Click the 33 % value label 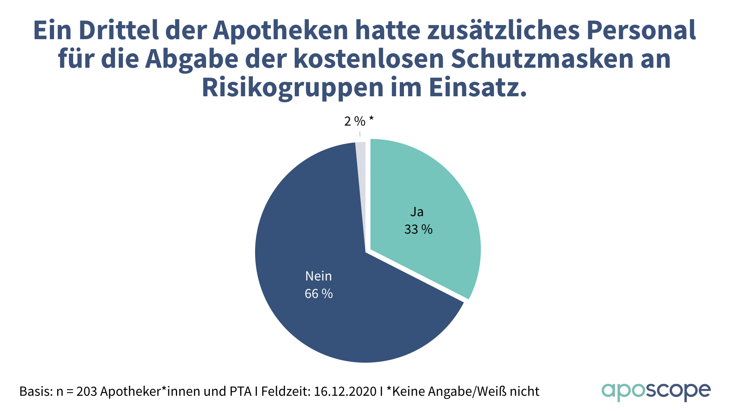tap(418, 229)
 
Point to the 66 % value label tap(319, 294)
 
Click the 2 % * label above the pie tap(359, 121)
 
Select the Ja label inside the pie tap(417, 212)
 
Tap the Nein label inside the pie tap(319, 276)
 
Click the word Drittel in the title tap(119, 30)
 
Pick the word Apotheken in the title tap(280, 30)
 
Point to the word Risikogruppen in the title tap(293, 88)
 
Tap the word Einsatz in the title tap(477, 88)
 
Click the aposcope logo tap(656, 391)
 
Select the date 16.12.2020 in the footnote tap(345, 392)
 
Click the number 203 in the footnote tap(86, 392)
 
